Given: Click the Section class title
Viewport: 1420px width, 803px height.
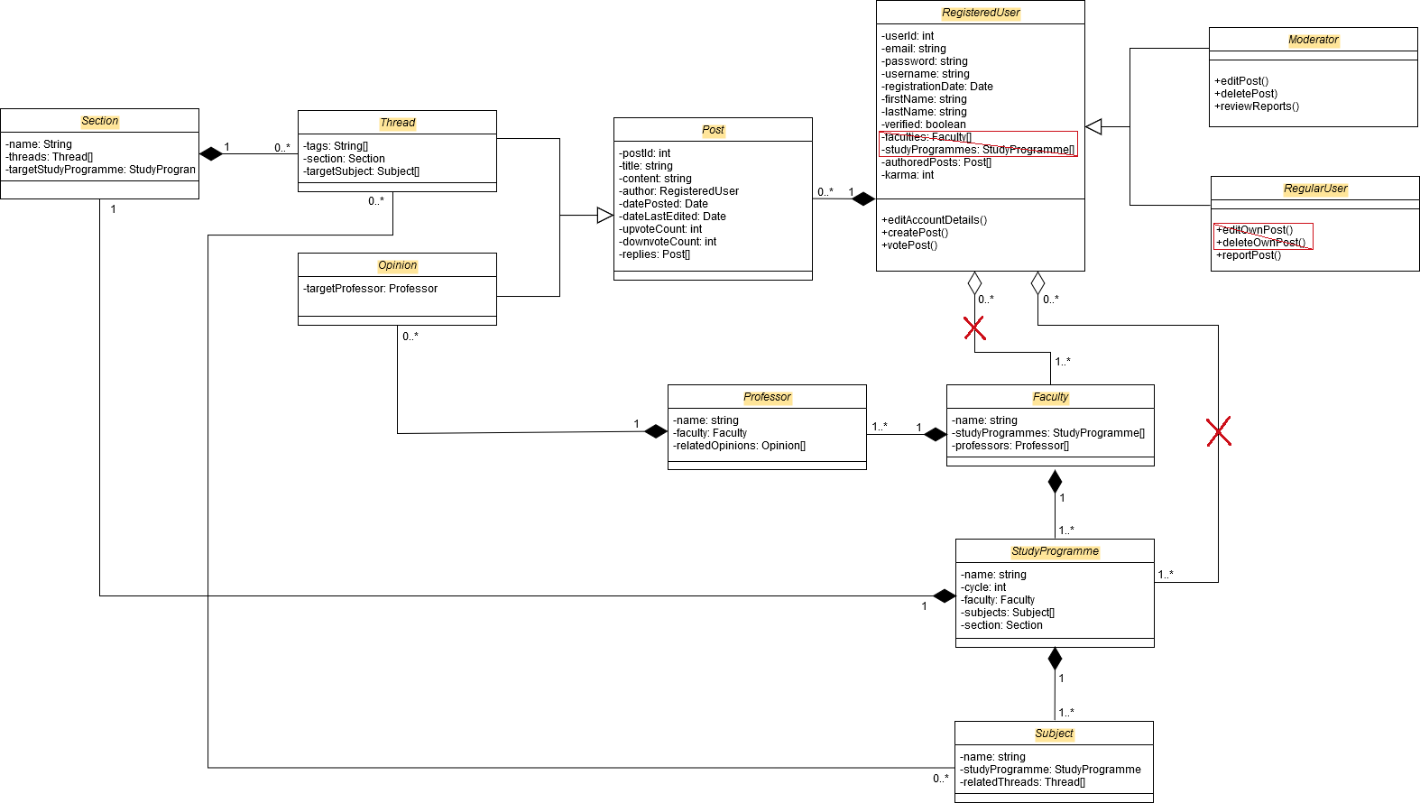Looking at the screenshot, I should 99,121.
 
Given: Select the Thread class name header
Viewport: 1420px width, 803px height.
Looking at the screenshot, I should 397,123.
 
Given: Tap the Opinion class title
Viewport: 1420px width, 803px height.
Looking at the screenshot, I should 397,265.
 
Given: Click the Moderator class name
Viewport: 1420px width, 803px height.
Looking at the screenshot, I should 1313,40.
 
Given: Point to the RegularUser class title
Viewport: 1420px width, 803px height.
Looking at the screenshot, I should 1314,189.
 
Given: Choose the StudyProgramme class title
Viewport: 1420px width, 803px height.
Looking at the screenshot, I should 1055,551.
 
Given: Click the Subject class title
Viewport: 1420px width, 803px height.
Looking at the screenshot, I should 1054,734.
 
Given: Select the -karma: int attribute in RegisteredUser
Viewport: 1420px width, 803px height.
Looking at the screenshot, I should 909,175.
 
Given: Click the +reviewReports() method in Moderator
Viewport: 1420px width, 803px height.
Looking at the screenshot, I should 1257,106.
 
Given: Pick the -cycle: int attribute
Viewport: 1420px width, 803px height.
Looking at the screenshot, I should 983,587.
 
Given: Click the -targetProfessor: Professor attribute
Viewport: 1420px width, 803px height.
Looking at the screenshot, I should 371,289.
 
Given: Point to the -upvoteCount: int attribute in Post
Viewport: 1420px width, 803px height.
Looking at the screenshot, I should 660,229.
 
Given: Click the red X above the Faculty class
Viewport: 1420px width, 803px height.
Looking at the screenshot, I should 974,328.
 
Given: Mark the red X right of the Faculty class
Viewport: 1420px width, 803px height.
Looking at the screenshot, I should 1219,432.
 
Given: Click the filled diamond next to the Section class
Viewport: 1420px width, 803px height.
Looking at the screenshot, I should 211,154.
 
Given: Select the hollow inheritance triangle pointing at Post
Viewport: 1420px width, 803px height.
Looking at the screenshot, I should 604,216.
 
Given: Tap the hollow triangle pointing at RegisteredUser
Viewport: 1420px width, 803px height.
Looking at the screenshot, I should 1094,127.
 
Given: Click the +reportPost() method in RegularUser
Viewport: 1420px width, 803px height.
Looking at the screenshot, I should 1249,255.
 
